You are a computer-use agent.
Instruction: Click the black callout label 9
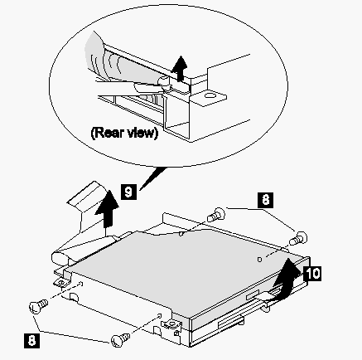click(128, 192)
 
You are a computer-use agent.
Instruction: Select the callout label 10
click(312, 273)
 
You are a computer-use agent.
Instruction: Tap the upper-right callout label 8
click(266, 200)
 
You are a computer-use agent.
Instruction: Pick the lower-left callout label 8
click(31, 341)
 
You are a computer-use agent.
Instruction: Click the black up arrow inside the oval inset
click(180, 68)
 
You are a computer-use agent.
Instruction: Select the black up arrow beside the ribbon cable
click(107, 208)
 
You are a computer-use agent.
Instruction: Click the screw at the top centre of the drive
click(216, 215)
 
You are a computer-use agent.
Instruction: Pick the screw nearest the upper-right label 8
click(298, 238)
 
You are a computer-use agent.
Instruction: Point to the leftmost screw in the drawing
click(38, 306)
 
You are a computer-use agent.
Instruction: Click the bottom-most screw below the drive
click(120, 340)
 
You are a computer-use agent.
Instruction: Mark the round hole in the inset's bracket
click(210, 96)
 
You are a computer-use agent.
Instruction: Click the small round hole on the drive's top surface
click(259, 260)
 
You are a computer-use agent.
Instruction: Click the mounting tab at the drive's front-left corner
click(61, 282)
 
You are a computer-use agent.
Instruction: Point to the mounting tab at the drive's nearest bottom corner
click(171, 324)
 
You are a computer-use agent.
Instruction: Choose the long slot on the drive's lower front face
click(231, 323)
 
